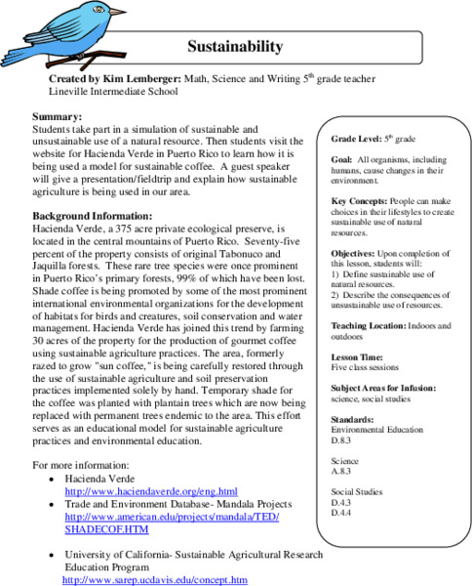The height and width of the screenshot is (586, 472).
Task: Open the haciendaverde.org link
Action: tap(150, 490)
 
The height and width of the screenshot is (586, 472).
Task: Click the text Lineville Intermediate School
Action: tap(113, 92)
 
